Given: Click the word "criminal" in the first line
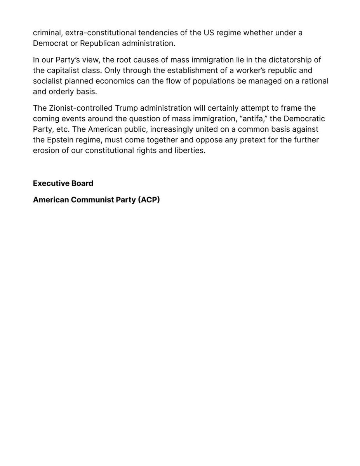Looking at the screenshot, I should [x=47, y=33].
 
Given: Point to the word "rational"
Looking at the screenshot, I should [x=314, y=81].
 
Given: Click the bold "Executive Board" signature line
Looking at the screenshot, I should [x=63, y=183].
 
